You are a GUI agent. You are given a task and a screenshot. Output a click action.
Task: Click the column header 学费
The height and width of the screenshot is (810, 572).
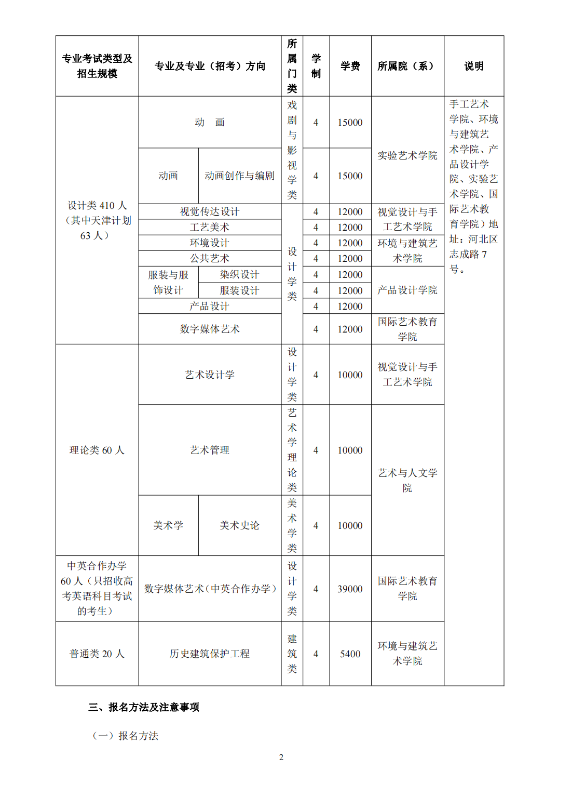350,66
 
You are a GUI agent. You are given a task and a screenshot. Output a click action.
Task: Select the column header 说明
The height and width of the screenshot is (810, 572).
474,66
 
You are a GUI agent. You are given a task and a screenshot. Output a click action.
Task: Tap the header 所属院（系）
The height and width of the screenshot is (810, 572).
407,66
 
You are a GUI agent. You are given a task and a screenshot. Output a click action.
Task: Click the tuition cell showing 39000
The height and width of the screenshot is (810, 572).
350,589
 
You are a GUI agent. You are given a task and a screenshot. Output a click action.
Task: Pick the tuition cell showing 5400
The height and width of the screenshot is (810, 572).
350,654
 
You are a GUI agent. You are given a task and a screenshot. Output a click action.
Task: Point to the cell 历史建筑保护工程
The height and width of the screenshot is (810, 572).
210,654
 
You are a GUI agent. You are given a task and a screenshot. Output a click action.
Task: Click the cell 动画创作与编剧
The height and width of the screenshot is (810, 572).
239,176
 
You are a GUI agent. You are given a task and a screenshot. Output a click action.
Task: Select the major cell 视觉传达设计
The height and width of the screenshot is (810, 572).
210,211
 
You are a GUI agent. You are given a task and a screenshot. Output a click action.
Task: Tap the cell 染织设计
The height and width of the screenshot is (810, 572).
239,274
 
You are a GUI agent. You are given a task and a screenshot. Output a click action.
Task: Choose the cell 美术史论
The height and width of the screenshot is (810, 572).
239,525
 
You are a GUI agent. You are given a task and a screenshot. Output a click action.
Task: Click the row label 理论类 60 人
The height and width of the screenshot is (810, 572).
97,450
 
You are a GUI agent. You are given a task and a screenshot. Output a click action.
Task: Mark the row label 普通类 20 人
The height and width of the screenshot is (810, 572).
97,654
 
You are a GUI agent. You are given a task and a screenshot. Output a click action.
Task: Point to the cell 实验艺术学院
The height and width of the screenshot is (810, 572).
407,155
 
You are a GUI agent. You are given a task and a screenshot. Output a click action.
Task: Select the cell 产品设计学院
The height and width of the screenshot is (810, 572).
407,290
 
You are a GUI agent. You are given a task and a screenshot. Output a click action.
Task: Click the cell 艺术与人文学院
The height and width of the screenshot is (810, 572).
407,480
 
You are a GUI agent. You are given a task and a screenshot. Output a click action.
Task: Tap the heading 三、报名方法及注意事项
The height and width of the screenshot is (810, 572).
144,707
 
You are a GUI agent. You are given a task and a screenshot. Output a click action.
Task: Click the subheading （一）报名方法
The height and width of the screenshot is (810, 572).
125,736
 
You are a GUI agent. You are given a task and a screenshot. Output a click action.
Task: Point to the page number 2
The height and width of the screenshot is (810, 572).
281,758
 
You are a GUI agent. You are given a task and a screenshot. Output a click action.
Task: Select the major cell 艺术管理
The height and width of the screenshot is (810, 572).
210,450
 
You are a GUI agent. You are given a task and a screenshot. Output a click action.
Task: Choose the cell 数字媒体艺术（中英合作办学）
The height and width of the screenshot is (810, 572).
210,589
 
